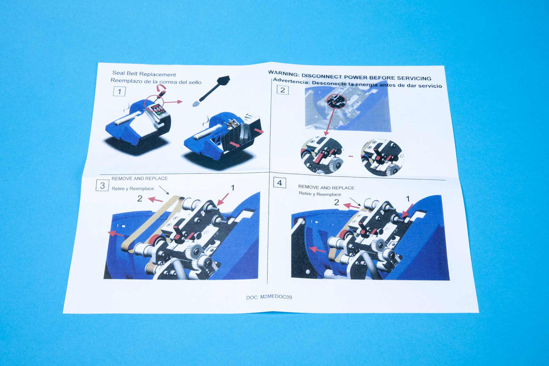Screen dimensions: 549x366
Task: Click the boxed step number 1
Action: [x=120, y=91]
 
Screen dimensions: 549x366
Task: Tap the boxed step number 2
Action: [x=283, y=90]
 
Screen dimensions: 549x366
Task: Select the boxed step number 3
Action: [x=102, y=185]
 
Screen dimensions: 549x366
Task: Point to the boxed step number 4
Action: [x=279, y=182]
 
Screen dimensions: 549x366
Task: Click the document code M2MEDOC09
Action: [x=276, y=297]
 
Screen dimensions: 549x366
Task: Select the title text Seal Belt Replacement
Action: [x=144, y=74]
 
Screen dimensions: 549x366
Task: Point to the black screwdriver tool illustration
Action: [x=211, y=91]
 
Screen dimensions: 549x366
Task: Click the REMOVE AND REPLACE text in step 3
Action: [x=139, y=179]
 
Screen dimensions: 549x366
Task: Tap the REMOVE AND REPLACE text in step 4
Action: [x=327, y=187]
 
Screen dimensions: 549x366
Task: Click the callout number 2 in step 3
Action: [x=140, y=199]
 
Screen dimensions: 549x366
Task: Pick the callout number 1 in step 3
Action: [x=232, y=188]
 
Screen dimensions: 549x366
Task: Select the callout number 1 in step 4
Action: [x=407, y=199]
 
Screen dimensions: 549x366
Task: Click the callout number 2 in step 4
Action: [x=337, y=202]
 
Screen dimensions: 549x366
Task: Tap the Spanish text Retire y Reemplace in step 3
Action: [x=133, y=188]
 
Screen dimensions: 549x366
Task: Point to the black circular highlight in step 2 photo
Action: [x=337, y=101]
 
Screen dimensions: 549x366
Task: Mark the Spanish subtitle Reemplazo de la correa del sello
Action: [x=156, y=82]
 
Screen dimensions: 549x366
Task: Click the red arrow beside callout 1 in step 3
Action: [x=223, y=199]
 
